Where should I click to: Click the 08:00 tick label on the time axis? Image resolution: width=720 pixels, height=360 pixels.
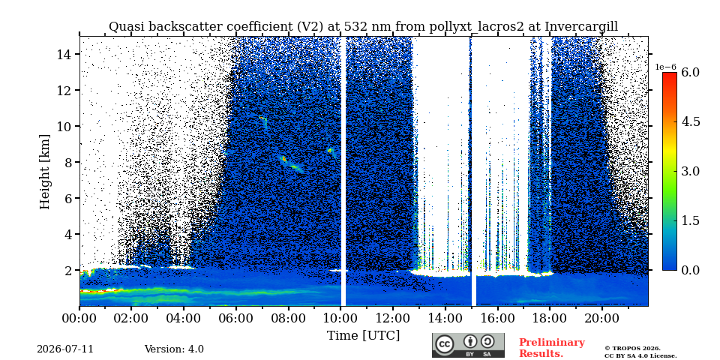[x=288, y=318]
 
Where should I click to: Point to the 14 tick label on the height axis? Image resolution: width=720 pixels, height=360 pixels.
[x=64, y=54]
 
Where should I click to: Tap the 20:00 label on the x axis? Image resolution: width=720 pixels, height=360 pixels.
[x=602, y=318]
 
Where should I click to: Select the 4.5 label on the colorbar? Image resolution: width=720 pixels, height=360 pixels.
[x=690, y=121]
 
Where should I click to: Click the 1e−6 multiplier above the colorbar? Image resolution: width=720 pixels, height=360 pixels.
[x=665, y=67]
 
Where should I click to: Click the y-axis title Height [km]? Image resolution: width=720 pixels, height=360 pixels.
[x=44, y=172]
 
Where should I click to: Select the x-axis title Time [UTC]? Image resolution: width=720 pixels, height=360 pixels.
[x=363, y=336]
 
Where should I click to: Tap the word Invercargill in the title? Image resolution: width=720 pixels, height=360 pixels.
[x=581, y=27]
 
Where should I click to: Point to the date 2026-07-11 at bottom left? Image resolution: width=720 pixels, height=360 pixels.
[x=65, y=349]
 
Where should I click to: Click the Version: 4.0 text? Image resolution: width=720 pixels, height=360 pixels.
[x=174, y=349]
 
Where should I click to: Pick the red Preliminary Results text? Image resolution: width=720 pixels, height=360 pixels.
[x=552, y=348]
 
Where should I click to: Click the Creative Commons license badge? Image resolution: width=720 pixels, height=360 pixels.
[x=468, y=345]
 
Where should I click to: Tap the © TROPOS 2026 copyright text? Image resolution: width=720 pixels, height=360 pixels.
[x=632, y=349]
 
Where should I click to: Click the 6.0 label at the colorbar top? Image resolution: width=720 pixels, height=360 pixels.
[x=690, y=72]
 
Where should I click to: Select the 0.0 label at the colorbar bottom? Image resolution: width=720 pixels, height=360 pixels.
[x=690, y=270]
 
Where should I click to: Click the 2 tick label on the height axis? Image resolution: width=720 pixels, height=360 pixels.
[x=68, y=271]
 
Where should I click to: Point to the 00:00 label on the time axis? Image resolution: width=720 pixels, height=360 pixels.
[x=79, y=318]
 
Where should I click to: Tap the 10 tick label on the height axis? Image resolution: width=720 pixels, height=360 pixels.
[x=64, y=126]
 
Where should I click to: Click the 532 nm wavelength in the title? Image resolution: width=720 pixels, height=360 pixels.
[x=367, y=27]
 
